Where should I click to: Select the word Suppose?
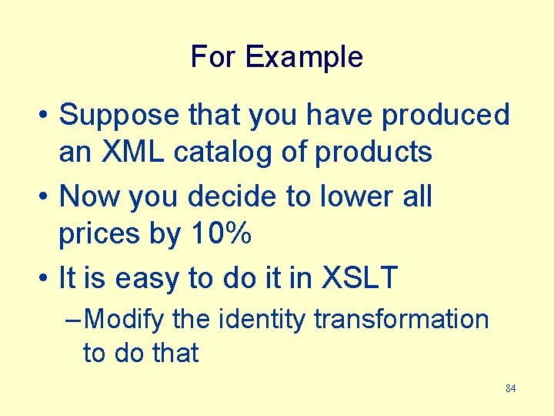pyautogui.click(x=121, y=115)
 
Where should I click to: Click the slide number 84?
pyautogui.click(x=510, y=388)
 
